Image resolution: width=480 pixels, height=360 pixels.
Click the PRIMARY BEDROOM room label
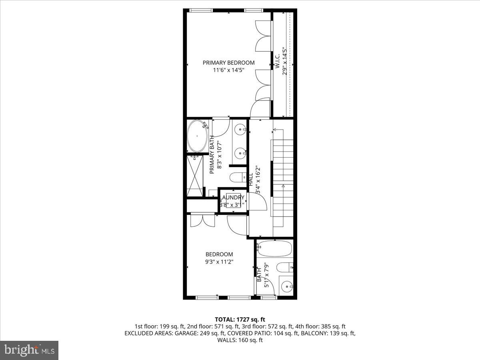point(228,62)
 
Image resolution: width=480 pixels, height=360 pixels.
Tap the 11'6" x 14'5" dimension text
point(228,70)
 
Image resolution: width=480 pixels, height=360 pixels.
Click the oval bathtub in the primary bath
point(198,136)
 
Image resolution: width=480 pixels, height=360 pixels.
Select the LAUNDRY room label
point(233,198)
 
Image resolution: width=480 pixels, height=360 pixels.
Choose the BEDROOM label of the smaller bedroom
point(219,254)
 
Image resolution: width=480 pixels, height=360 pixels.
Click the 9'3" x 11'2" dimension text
point(219,262)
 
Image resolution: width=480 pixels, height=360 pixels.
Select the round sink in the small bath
point(286,286)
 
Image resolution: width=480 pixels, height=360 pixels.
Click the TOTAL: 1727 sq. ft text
point(240,319)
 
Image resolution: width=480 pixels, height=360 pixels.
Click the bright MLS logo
point(29,350)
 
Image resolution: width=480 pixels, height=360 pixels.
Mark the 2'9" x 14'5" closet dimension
point(285,62)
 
